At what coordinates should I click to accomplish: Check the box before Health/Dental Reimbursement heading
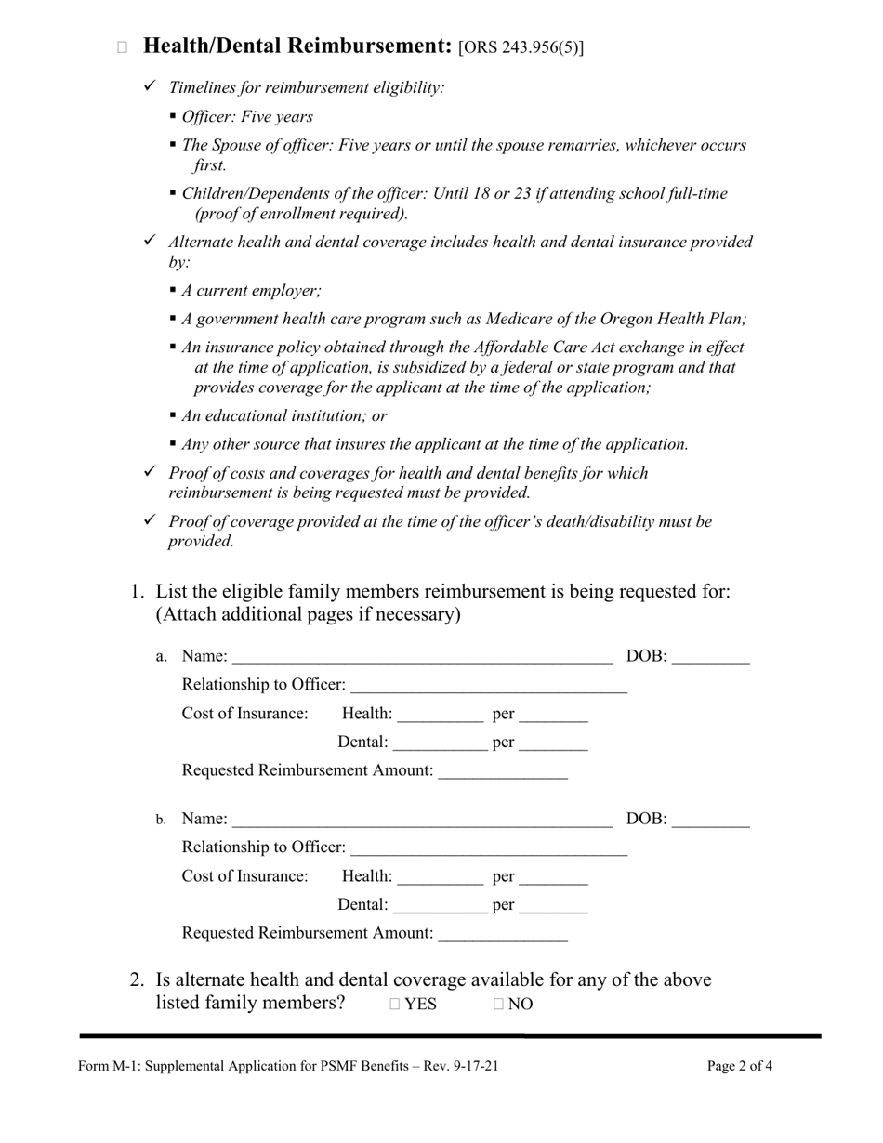[x=122, y=47]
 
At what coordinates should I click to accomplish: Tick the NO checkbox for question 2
[x=499, y=1004]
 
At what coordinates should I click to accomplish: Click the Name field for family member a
[x=422, y=658]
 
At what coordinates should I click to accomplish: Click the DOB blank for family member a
[x=709, y=658]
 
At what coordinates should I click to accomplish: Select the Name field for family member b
[x=422, y=820]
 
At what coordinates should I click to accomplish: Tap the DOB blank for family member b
[x=709, y=820]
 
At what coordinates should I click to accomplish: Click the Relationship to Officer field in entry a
[x=489, y=686]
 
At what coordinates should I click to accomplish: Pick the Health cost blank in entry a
[x=441, y=715]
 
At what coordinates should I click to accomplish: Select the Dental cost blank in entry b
[x=441, y=904]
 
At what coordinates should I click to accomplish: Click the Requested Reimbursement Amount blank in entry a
[x=502, y=771]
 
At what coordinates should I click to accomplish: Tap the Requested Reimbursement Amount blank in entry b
[x=502, y=933]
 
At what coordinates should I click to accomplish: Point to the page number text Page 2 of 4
[x=739, y=1066]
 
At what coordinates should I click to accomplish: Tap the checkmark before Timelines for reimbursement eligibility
[x=151, y=86]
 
